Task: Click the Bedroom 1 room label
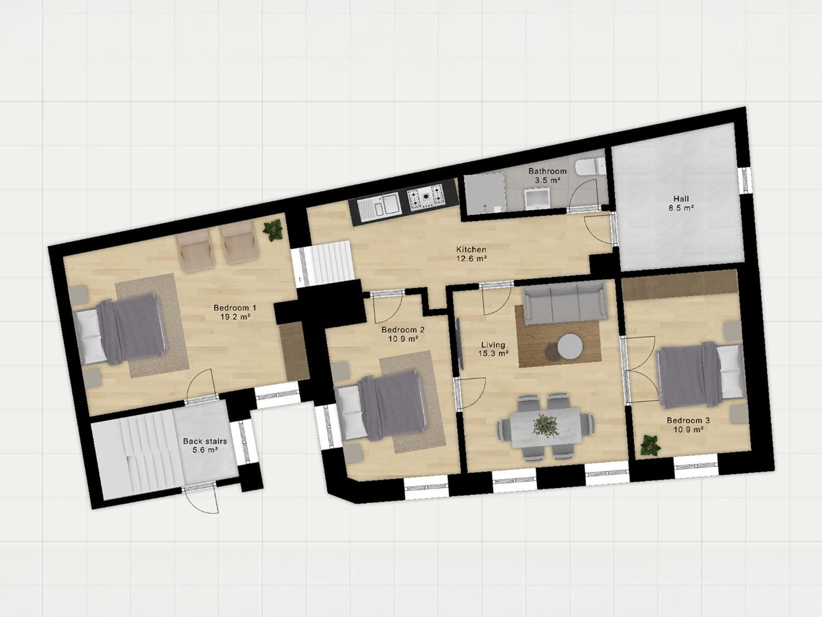point(235,308)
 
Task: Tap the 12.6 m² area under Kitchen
point(471,259)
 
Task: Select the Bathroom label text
point(547,171)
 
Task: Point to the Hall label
point(681,199)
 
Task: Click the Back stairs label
point(205,441)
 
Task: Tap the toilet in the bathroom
point(590,168)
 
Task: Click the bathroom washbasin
point(538,199)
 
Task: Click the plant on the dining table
point(545,426)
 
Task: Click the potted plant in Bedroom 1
point(273,230)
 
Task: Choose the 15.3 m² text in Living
point(494,353)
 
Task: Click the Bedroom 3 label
point(688,420)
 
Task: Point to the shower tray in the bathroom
point(484,194)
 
